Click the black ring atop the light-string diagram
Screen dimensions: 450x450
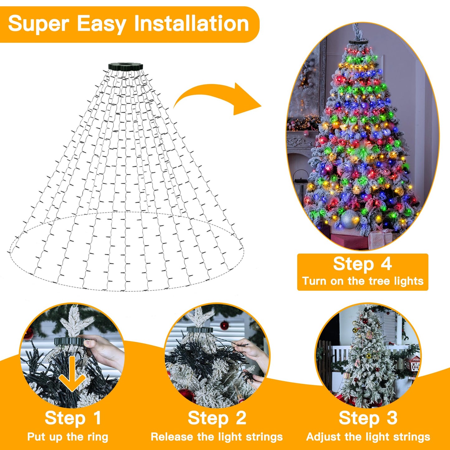[x=126, y=66]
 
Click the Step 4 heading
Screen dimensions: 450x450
[x=362, y=264]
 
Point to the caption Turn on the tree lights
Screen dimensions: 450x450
[x=362, y=281]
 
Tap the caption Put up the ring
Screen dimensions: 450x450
[x=68, y=437]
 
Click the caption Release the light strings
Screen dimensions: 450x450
[x=217, y=437]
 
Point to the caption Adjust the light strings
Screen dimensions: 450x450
[x=368, y=437]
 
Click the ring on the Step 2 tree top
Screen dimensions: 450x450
[x=200, y=329]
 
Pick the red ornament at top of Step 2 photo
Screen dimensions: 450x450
[x=225, y=326]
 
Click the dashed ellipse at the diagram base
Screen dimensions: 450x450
[x=125, y=290]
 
